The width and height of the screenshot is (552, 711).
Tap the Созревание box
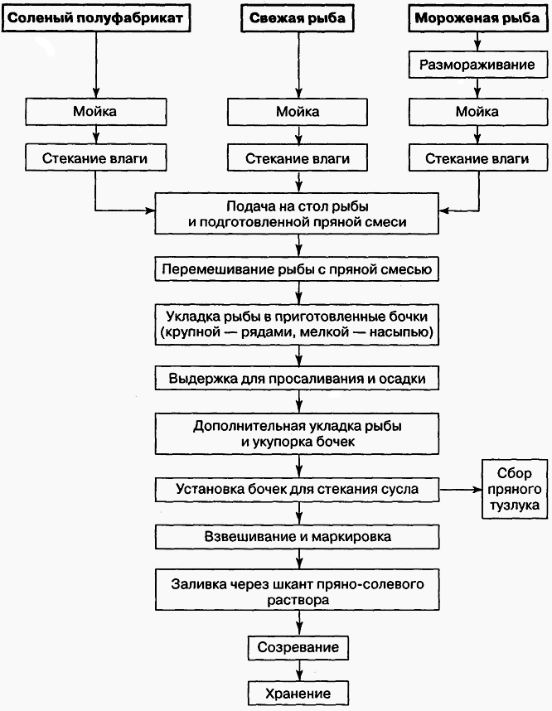point(298,646)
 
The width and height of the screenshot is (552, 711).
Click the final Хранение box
point(298,693)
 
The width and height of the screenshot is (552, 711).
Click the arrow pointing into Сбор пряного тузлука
point(461,489)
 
